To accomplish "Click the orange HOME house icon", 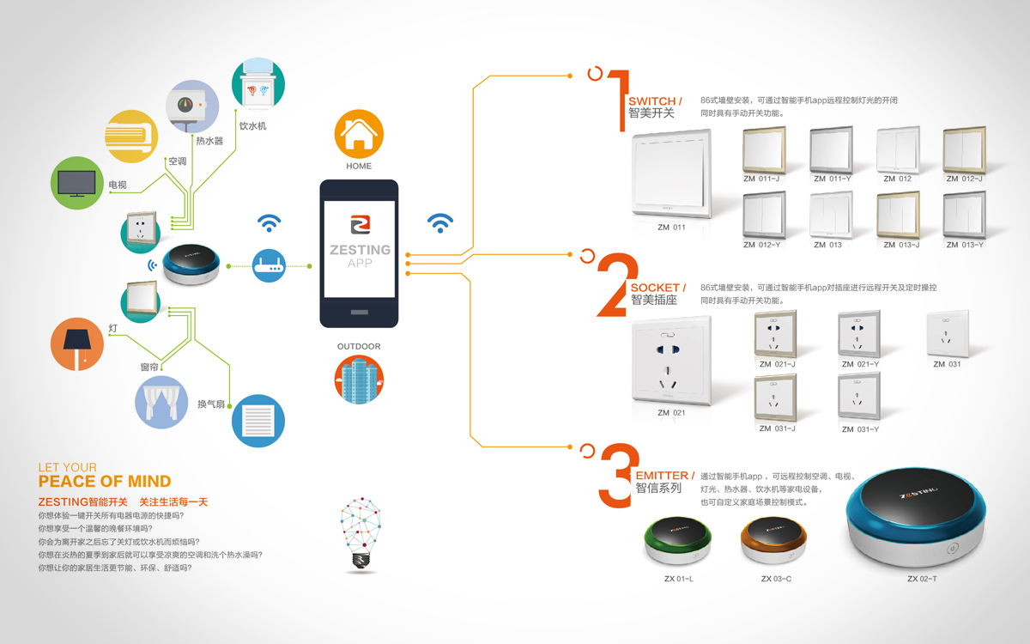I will pos(359,133).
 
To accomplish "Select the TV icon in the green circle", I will pos(77,183).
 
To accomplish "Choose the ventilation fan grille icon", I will pos(257,421).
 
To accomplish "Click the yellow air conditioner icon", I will pos(131,136).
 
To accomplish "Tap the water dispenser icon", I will pos(258,85).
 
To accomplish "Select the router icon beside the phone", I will pos(270,266).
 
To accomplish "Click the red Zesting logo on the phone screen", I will pos(359,225).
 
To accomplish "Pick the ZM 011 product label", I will pos(671,228).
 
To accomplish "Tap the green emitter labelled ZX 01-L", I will pos(678,541).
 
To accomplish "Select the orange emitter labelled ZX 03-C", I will pos(774,541).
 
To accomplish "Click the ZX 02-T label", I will pos(922,579).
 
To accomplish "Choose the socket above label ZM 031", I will pos(948,334).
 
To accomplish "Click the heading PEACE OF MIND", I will pos(105,482).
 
